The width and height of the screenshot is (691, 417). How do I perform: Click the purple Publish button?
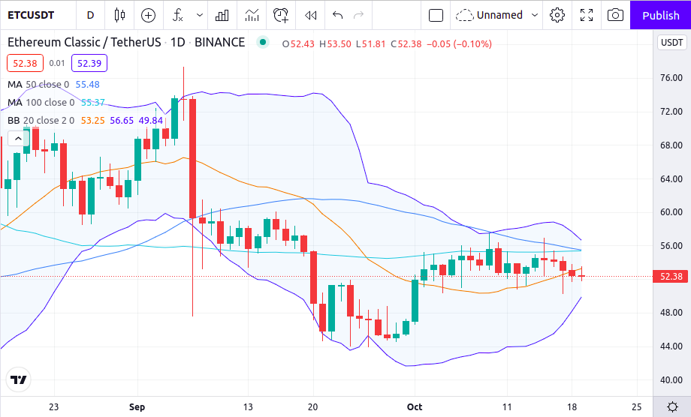point(660,15)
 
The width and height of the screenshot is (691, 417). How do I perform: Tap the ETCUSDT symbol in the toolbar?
point(35,15)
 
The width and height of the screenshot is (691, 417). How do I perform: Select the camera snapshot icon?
point(614,15)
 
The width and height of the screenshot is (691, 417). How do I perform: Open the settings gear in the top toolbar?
point(557,15)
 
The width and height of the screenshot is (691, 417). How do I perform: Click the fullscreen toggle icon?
point(587,15)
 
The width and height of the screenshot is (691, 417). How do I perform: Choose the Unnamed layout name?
point(499,15)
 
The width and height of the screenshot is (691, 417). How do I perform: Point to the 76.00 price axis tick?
point(670,78)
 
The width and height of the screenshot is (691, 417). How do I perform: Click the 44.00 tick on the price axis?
point(670,346)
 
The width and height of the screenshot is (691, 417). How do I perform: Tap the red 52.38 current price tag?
point(670,277)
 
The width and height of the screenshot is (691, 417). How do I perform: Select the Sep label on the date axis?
point(136,407)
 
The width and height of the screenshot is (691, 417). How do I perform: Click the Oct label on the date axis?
point(414,407)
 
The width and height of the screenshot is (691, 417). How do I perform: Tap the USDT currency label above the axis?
point(670,43)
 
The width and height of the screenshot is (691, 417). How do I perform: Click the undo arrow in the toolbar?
point(337,15)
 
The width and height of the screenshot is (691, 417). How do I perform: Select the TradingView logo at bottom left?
point(18,380)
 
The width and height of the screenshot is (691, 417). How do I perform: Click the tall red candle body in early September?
point(192,157)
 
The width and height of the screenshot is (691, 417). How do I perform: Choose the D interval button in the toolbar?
point(90,15)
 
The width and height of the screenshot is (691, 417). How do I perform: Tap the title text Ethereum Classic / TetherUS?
point(84,43)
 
